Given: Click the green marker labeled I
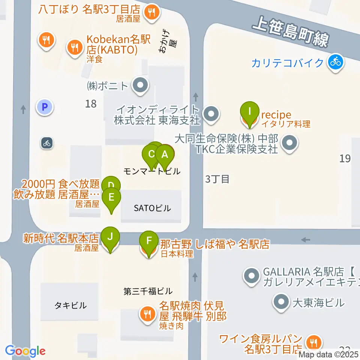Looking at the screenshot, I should coord(250,111).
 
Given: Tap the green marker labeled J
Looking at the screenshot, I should coord(110,237).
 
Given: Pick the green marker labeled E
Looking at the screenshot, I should coord(111,197).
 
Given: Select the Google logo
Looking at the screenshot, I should coord(25,351).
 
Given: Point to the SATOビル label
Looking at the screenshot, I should coord(152,208).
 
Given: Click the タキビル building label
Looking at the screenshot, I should coord(70,305).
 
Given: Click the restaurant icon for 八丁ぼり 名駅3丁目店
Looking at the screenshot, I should coord(152,12).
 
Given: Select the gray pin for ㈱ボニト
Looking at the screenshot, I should coord(140,86).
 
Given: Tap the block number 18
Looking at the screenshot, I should coord(91,103).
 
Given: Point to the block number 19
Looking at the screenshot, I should coord(345,158).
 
